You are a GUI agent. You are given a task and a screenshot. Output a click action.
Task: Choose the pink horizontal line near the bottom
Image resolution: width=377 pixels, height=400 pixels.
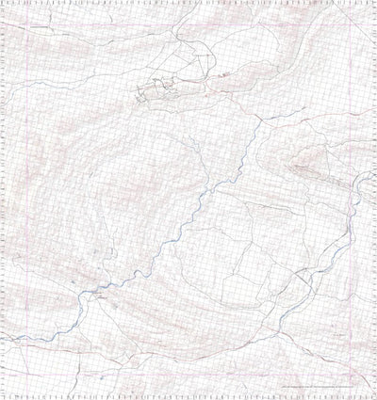[188, 381]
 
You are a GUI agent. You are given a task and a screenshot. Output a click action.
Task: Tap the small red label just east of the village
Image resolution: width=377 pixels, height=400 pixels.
[222, 74]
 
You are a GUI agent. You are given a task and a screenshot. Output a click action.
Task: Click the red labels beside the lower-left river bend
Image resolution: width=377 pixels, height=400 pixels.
[98, 294]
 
